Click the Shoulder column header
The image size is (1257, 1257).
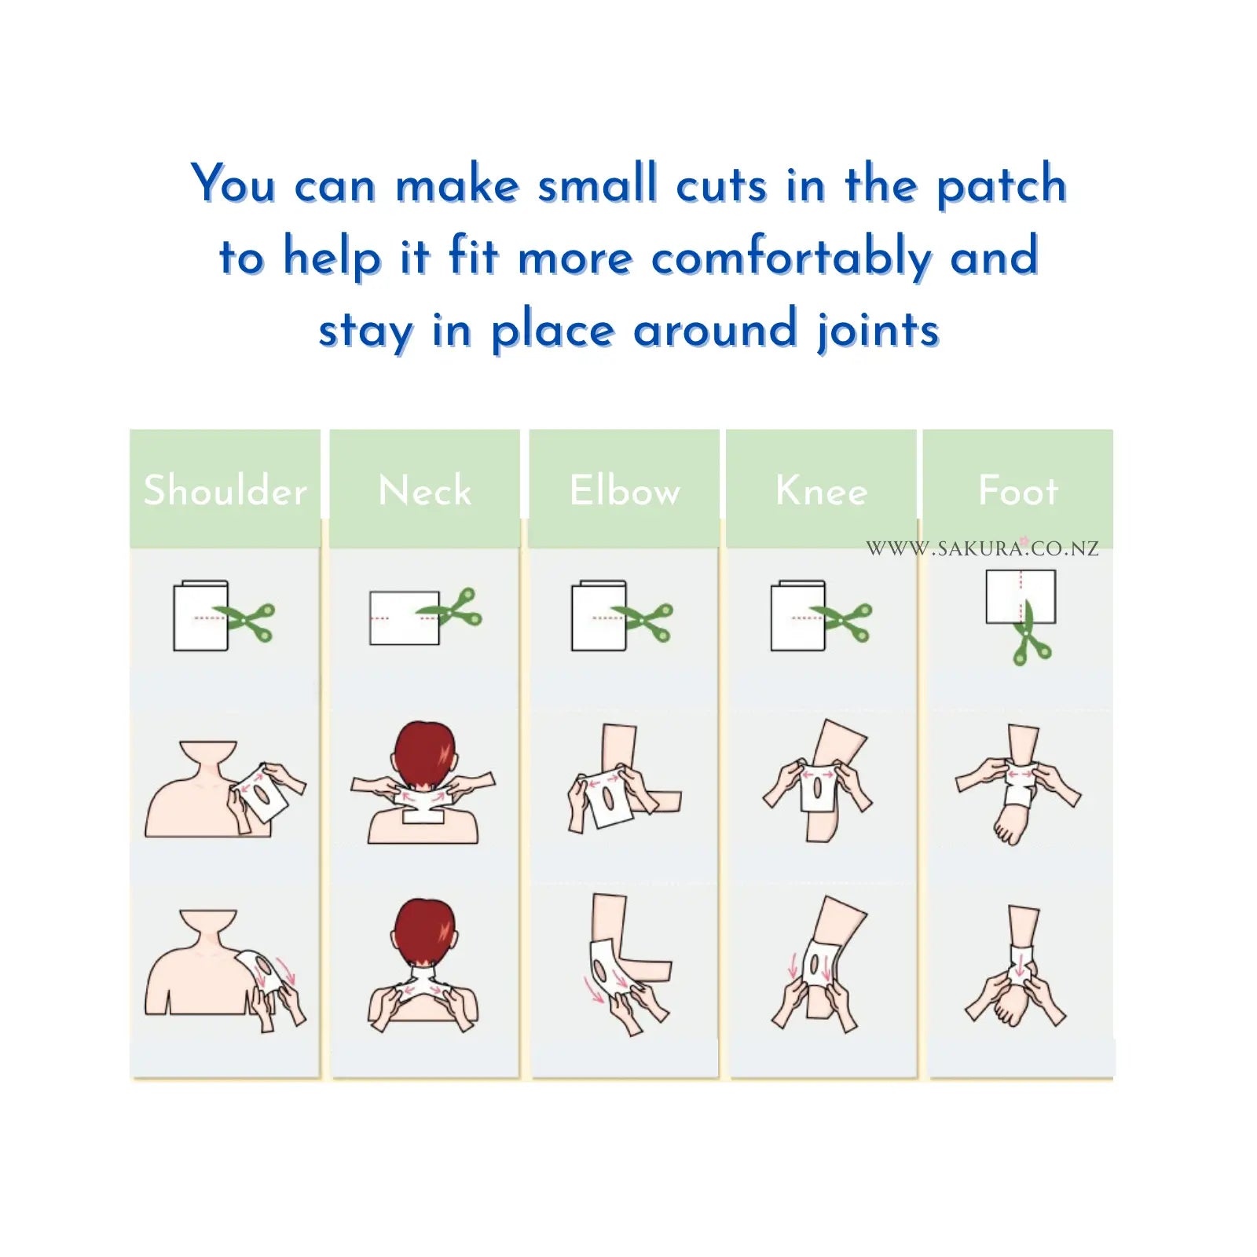click(225, 490)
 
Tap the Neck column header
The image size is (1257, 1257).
click(424, 490)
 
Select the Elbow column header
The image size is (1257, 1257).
click(625, 490)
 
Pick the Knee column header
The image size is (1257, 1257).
click(821, 490)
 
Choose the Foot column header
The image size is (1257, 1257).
click(1018, 490)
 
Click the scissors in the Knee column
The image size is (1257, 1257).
click(843, 621)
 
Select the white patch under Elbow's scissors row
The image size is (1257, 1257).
click(599, 617)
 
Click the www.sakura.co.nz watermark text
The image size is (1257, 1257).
click(982, 548)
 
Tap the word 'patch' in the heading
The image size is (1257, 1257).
click(1002, 186)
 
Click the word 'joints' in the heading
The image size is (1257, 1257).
click(878, 330)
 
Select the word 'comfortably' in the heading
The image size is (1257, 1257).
click(792, 258)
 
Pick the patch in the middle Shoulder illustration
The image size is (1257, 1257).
click(265, 794)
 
